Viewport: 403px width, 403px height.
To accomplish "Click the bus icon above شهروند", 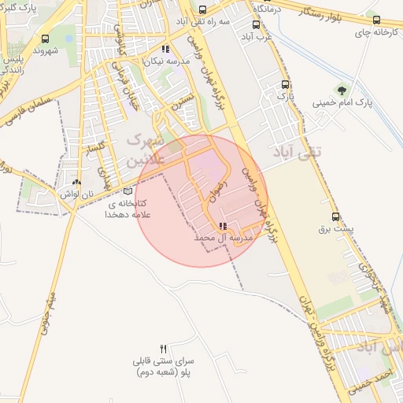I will click(x=45, y=38).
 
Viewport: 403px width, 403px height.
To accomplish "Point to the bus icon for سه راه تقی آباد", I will click(x=203, y=10).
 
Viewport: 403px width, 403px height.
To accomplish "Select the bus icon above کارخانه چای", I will click(x=376, y=20).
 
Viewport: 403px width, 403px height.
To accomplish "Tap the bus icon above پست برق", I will click(x=336, y=216).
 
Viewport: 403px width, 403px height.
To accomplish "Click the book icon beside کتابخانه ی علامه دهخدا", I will click(x=128, y=190).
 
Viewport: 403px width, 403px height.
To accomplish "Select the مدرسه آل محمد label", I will click(x=222, y=237).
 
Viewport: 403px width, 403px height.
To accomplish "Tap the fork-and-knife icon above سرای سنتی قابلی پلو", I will click(x=164, y=349).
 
